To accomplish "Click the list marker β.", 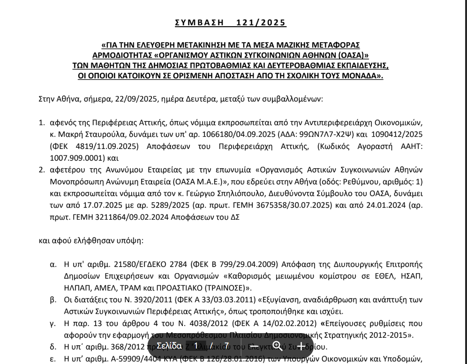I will [53, 299].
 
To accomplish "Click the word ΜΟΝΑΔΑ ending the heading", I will [361, 75].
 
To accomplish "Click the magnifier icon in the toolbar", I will [278, 346].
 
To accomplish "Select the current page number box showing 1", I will [196, 346].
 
